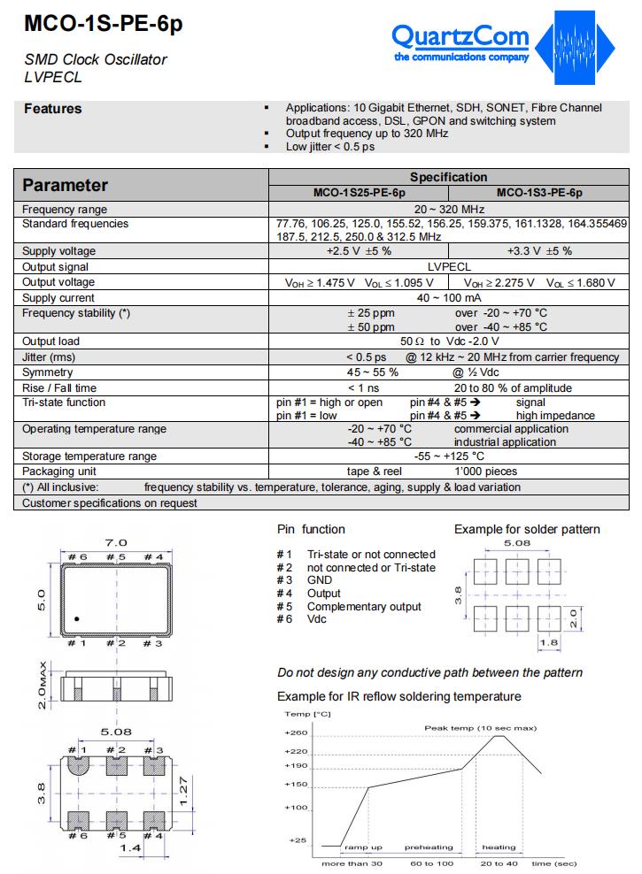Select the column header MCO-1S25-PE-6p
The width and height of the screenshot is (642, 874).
pos(359,192)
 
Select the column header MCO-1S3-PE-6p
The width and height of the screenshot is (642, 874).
pos(539,192)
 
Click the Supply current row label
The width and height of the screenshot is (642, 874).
pos(58,298)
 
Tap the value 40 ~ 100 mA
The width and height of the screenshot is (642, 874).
pos(449,298)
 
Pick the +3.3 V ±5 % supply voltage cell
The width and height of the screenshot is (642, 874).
pos(539,251)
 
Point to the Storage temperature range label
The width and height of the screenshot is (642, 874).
pos(89,456)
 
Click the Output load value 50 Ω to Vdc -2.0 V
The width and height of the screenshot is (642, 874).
pos(449,341)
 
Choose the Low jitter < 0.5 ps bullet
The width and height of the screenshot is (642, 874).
pos(329,146)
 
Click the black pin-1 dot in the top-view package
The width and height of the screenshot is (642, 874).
pos(78,619)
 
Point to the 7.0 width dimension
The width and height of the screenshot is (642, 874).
pos(117,542)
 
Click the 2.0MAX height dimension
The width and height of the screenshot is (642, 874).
pos(42,686)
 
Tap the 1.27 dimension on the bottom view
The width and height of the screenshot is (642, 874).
pos(182,790)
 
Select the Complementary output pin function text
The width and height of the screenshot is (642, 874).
pos(364,607)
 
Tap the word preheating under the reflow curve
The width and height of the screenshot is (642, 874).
pos(429,847)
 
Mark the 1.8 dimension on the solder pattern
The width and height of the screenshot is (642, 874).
pos(549,643)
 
